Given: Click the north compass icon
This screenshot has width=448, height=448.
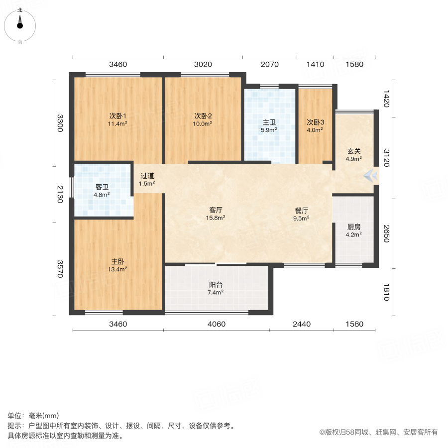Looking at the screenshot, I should click(20, 25).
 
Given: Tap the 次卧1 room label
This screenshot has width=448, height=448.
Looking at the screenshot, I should click(117, 116).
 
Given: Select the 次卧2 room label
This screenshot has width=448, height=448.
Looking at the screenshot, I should click(203, 116).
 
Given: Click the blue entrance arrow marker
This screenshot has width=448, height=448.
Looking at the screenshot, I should click(370, 175).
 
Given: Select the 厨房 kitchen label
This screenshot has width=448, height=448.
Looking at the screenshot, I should click(354, 226).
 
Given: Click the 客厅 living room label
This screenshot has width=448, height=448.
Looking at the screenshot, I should click(217, 210).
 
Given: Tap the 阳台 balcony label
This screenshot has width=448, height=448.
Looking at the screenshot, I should click(216, 285).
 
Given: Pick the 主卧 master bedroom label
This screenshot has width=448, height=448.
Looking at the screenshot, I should click(118, 261).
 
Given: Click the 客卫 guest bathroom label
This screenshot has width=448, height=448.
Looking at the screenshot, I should click(102, 187).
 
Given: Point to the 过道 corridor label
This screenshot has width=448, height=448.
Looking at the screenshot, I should click(147, 175).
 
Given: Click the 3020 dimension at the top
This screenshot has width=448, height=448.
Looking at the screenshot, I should click(203, 64).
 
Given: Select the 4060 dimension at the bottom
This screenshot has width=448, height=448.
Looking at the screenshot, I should click(217, 324).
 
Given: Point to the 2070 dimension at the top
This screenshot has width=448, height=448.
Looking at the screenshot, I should click(269, 64).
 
